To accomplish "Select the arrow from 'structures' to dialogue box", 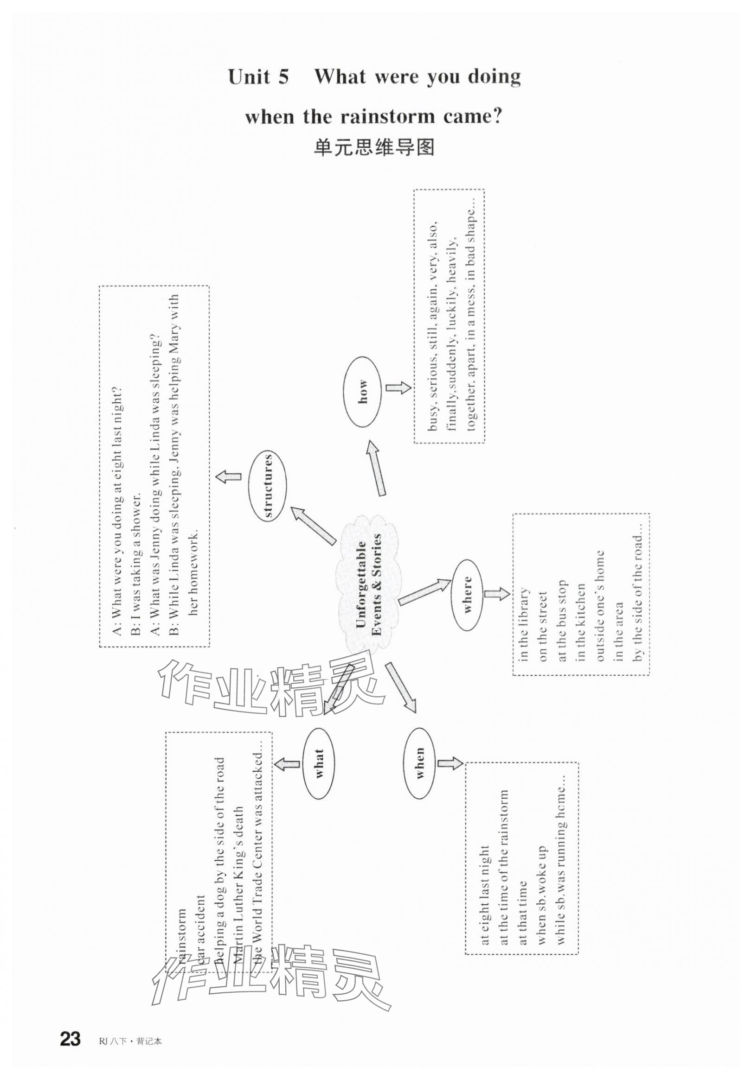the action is pyautogui.click(x=229, y=476).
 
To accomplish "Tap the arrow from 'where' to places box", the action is pyautogui.click(x=496, y=594).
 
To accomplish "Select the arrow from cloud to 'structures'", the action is pyautogui.click(x=313, y=527).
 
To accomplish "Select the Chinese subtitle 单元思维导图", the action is pyautogui.click(x=374, y=148).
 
